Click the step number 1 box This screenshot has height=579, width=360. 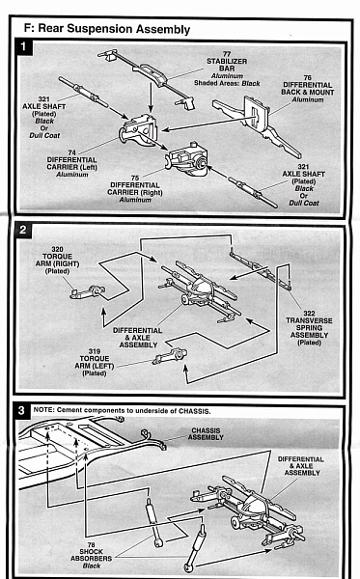coord(23,46)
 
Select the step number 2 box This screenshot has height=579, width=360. coord(23,230)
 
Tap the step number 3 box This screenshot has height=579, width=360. coord(21,410)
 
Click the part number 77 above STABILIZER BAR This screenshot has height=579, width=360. coord(227,54)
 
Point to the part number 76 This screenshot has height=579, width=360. coord(308,78)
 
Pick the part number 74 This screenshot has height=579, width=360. coord(72,152)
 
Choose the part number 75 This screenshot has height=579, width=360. coord(135,178)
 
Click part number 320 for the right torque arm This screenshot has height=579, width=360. coord(57,249)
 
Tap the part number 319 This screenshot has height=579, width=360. coord(95,351)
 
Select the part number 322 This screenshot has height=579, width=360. coord(309,314)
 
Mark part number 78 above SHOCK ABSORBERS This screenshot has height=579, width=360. coord(91,544)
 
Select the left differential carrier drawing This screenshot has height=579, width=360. coord(137,129)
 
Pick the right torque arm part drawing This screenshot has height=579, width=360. coord(88,292)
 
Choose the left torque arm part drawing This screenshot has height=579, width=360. coord(170,356)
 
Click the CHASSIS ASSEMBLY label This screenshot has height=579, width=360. coord(206,434)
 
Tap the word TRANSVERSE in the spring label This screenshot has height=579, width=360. coord(309,320)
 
